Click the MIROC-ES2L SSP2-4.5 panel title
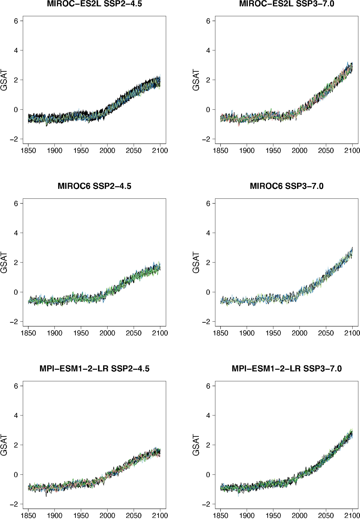click(x=94, y=4)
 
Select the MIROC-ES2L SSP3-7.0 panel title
click(x=287, y=4)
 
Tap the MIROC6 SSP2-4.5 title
click(x=94, y=186)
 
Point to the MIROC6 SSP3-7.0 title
click(x=287, y=186)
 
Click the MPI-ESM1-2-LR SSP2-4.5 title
click(x=94, y=369)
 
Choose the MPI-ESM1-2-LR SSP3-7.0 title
click(x=287, y=369)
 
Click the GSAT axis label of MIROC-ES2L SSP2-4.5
click(x=4, y=80)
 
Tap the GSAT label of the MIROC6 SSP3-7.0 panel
click(x=196, y=263)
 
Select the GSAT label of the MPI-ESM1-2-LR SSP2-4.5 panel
click(x=4, y=445)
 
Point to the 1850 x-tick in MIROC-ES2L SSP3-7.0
click(x=221, y=151)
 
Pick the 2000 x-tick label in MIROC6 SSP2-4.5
click(x=107, y=333)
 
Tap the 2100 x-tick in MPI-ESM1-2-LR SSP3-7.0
click(x=352, y=515)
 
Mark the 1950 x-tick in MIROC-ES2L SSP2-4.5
click(x=81, y=151)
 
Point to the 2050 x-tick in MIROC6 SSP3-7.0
click(x=326, y=333)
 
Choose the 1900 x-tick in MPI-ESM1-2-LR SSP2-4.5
click(x=54, y=515)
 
